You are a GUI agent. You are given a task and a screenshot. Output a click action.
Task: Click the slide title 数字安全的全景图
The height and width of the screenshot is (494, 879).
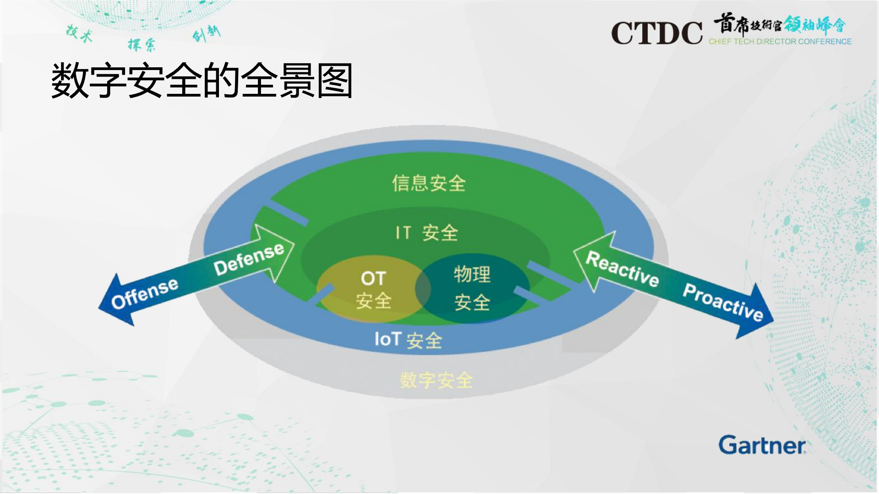[202, 81]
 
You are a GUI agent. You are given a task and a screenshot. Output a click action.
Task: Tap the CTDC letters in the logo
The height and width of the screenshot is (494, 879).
[656, 33]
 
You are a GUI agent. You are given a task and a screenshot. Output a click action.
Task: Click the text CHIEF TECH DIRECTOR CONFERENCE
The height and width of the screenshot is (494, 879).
[780, 42]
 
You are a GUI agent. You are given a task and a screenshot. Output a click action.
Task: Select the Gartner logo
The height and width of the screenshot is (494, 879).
[762, 445]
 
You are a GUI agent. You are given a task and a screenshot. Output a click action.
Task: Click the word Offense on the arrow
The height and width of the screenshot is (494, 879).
[145, 293]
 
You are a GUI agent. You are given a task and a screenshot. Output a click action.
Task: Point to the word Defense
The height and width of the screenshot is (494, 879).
[249, 259]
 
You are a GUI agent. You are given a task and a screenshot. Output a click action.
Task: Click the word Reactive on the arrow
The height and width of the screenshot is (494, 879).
[622, 269]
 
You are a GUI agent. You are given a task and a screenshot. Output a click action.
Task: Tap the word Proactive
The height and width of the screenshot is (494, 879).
[722, 302]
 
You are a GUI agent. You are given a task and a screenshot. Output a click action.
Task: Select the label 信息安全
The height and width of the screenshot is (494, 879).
[429, 183]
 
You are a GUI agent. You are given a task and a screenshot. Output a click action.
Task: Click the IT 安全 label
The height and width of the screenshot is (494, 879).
[426, 233]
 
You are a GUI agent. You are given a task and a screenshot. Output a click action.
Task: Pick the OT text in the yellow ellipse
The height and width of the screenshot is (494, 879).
[373, 278]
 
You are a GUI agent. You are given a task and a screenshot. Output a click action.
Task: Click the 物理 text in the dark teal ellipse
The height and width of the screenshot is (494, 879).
[472, 275]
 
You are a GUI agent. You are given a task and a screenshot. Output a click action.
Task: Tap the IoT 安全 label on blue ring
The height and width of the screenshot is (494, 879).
[408, 340]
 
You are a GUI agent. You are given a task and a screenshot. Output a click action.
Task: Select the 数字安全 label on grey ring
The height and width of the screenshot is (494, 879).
[436, 380]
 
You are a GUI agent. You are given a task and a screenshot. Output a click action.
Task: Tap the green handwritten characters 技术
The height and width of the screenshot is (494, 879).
[79, 33]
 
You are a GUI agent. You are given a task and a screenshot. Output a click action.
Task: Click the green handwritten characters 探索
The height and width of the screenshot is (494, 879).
[141, 44]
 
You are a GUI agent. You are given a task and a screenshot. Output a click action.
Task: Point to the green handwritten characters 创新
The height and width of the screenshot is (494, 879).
[206, 33]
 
